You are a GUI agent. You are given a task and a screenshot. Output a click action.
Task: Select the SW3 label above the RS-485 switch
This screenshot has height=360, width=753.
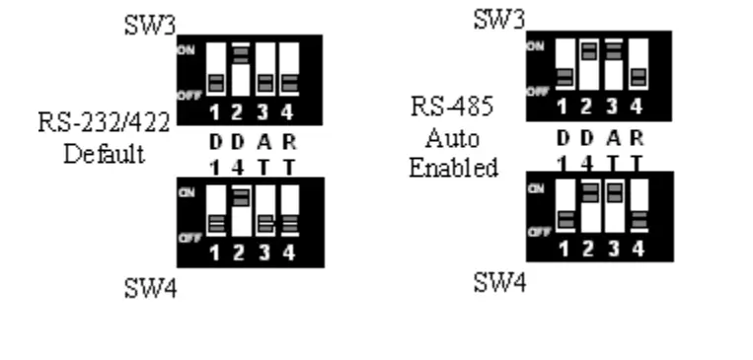coord(498,18)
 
